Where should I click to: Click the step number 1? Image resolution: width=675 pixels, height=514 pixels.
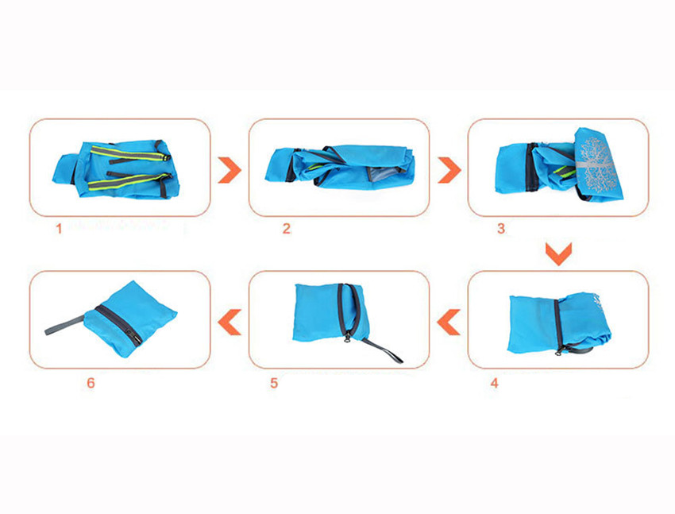tap(59, 229)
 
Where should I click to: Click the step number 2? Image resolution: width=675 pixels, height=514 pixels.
tap(286, 229)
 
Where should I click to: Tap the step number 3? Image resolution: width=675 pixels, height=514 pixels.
tap(501, 229)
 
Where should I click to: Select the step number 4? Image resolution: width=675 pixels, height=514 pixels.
tap(494, 383)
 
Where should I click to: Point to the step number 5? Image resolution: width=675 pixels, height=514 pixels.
tap(274, 383)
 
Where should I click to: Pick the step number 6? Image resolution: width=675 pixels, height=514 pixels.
tap(91, 383)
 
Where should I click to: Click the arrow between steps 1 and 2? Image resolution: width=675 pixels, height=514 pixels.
tap(229, 170)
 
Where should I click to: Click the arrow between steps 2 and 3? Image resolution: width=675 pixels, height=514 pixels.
tap(449, 170)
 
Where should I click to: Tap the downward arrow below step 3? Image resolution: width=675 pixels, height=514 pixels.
tap(558, 254)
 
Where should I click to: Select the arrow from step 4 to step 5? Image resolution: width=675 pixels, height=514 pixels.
tap(449, 322)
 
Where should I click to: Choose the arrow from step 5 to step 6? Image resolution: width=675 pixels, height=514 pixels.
tap(229, 322)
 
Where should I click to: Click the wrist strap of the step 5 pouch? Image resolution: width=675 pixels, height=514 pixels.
tap(383, 350)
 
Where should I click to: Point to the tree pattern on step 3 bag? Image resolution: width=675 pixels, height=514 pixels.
tap(597, 164)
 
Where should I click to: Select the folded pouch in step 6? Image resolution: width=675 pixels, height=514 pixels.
tap(130, 319)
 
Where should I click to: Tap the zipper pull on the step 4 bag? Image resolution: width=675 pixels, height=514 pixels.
tap(558, 351)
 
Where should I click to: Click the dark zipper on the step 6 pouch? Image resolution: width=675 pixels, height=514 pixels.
tap(119, 326)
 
